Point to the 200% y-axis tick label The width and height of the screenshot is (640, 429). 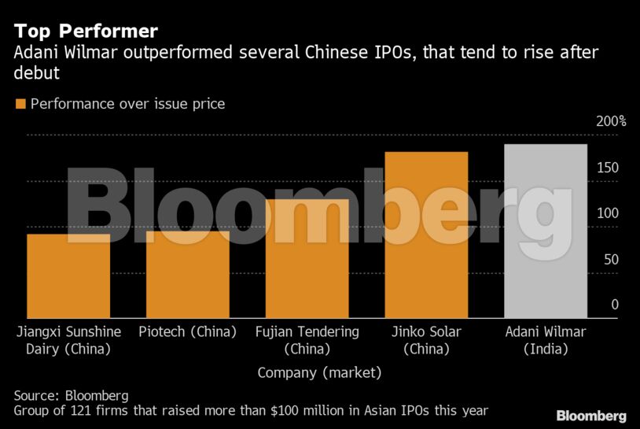pyautogui.click(x=611, y=121)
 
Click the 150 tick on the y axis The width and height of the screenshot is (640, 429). pyautogui.click(x=607, y=168)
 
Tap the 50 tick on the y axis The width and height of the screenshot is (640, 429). pyautogui.click(x=610, y=259)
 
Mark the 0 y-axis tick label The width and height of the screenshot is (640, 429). pyautogui.click(x=615, y=305)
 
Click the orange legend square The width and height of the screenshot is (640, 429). pyautogui.click(x=20, y=104)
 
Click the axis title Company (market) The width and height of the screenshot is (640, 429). pyautogui.click(x=319, y=372)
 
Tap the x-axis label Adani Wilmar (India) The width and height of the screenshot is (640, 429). pyautogui.click(x=545, y=339)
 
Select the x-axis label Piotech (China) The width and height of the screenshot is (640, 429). pyautogui.click(x=187, y=331)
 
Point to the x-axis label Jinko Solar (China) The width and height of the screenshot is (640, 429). pyautogui.click(x=426, y=339)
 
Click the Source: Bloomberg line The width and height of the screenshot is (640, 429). pyautogui.click(x=71, y=395)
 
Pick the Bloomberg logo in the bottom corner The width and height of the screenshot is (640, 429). pyautogui.click(x=591, y=416)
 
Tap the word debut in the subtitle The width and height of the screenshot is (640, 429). pyautogui.click(x=36, y=72)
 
